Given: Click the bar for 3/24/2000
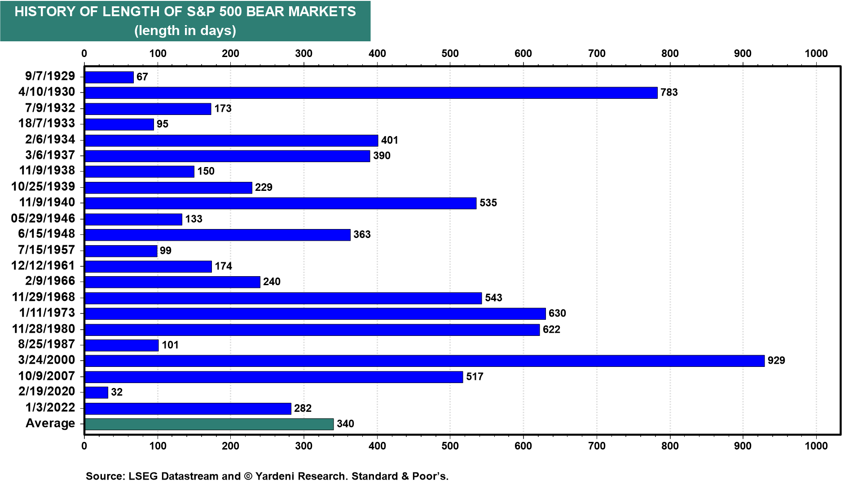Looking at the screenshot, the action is click(x=424, y=361).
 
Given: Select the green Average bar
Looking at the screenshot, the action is click(x=209, y=424).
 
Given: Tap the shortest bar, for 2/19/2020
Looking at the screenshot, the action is click(x=96, y=392).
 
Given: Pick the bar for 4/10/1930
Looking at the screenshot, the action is click(x=371, y=93).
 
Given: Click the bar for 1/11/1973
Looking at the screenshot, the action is click(x=315, y=313).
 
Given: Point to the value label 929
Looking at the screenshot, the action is click(x=776, y=361).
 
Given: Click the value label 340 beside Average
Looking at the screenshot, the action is click(x=345, y=424).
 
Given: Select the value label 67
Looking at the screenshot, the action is click(x=142, y=77).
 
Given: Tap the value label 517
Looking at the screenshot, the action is click(x=475, y=376).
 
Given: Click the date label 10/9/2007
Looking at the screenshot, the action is click(x=47, y=376).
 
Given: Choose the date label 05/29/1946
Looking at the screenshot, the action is click(x=43, y=218).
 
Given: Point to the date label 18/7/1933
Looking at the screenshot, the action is click(x=47, y=123).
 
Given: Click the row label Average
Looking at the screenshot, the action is click(x=50, y=423).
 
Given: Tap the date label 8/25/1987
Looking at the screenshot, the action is click(x=47, y=344).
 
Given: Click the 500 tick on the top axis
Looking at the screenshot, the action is click(x=450, y=53).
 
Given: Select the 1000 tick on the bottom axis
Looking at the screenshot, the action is click(x=816, y=445).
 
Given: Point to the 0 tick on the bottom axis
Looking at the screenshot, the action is click(x=84, y=445).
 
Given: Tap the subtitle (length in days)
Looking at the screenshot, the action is click(x=185, y=31).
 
